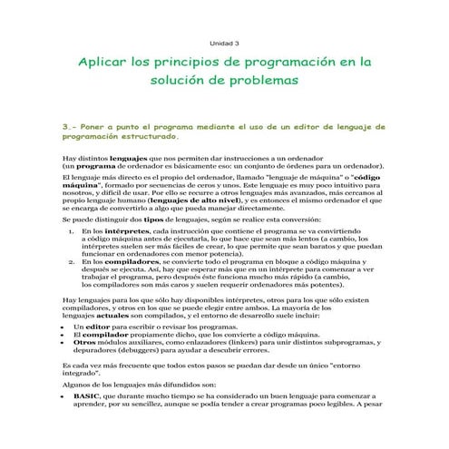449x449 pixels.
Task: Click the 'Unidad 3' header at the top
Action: tap(224, 43)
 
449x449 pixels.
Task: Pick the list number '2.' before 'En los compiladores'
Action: tap(73, 260)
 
